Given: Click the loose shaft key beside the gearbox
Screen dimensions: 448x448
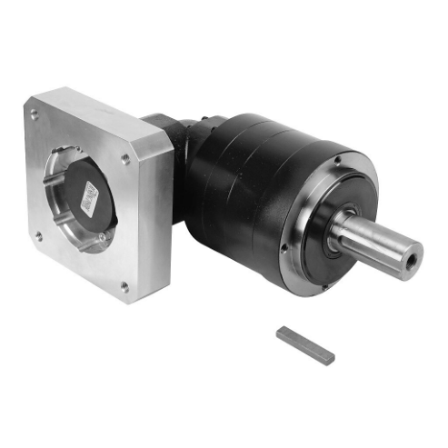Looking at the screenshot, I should pyautogui.click(x=305, y=345).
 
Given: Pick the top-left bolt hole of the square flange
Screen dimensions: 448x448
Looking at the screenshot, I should pyautogui.click(x=35, y=114).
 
